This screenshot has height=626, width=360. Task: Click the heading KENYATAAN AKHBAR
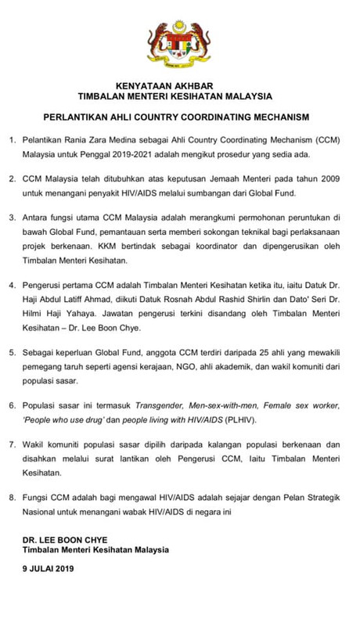(x=179, y=86)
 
